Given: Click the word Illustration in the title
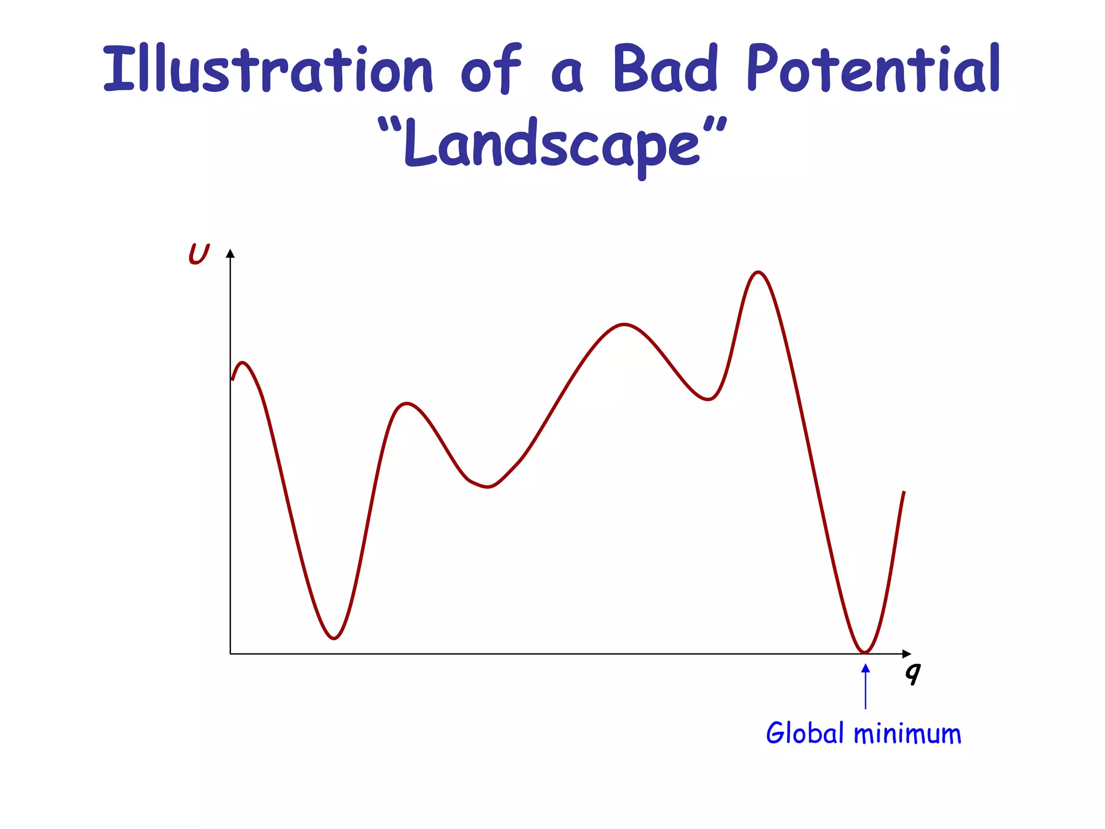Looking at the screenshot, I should [x=268, y=69].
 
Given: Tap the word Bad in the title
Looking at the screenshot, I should [x=665, y=69].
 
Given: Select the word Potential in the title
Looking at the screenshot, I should [x=874, y=69].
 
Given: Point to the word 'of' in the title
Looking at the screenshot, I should [x=491, y=69].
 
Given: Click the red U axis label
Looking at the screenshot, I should [x=199, y=254].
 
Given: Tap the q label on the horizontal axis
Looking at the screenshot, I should [x=913, y=672].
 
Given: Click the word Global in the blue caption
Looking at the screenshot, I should [x=804, y=733].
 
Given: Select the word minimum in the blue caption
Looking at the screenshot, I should [x=908, y=734].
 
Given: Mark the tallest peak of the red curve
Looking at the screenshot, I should [x=759, y=273].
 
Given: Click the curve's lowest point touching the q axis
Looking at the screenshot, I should [x=865, y=652].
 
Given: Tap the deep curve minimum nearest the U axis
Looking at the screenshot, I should [x=335, y=638].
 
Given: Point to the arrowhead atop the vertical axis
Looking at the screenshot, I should [x=230, y=254].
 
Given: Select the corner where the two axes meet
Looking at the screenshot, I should [x=230, y=654].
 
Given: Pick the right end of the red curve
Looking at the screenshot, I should [x=904, y=492].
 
